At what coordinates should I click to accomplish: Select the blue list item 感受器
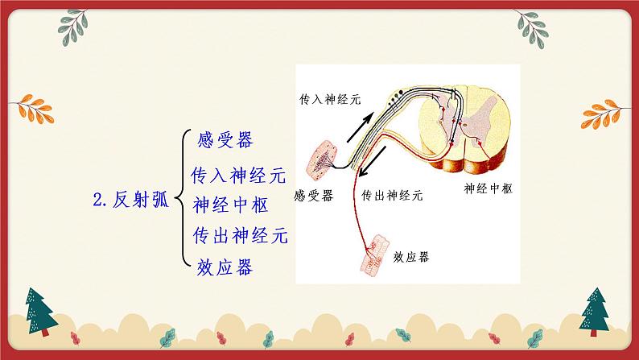[x=225, y=140]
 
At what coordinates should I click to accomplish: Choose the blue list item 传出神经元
[x=239, y=236]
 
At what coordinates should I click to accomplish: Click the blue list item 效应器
[x=225, y=267]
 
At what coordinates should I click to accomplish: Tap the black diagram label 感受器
[x=314, y=196]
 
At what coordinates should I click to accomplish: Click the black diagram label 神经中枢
[x=489, y=188]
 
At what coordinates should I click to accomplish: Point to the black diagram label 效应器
[x=411, y=257]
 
